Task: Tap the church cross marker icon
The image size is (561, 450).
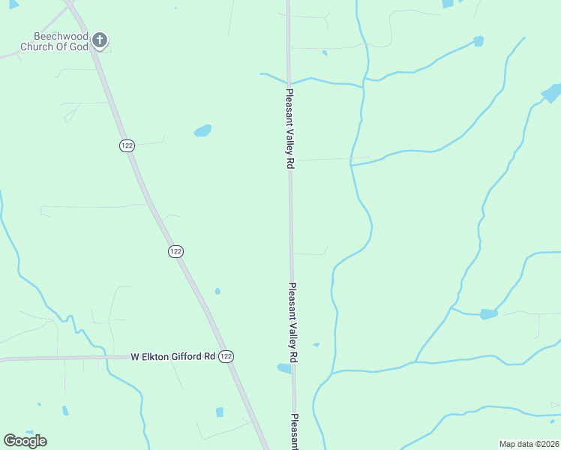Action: point(100,40)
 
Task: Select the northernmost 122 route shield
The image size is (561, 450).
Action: point(126,145)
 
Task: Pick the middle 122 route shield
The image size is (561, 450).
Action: point(175,252)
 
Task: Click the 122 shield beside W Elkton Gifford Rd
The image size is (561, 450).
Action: point(226,357)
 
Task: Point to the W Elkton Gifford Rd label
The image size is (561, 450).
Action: point(172,357)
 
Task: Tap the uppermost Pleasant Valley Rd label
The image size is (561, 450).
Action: point(288,129)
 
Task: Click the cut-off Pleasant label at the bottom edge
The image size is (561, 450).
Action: point(295,431)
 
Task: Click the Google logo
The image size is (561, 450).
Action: point(25,441)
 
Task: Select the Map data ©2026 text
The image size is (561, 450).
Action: point(529,444)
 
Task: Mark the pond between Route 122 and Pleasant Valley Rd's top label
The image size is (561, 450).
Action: point(202,131)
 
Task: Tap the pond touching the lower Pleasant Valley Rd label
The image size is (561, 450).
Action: point(284,368)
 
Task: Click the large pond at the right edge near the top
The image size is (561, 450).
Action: point(551,94)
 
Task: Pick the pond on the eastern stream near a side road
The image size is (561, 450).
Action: point(488,313)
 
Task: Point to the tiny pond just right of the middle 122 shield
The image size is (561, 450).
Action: point(217,291)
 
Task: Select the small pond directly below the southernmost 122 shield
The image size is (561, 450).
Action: point(220,412)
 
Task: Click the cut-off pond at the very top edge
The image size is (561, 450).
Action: point(448,4)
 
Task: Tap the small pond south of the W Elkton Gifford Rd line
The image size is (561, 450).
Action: point(65,410)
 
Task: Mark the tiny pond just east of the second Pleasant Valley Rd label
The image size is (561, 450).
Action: point(316,345)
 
